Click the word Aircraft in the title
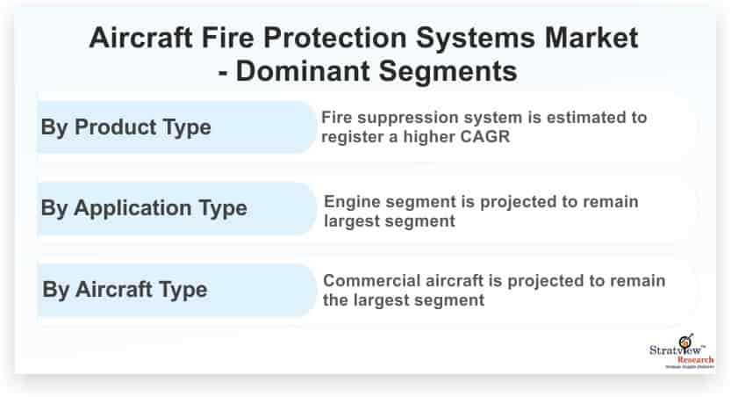(x=140, y=37)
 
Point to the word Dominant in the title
(x=303, y=71)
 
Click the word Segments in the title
(x=448, y=72)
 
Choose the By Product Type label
(x=125, y=127)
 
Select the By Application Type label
(x=144, y=208)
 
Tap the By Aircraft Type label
(x=125, y=290)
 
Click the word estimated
(x=585, y=117)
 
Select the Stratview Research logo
(x=682, y=351)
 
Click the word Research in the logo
(x=696, y=360)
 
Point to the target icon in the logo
(x=685, y=341)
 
